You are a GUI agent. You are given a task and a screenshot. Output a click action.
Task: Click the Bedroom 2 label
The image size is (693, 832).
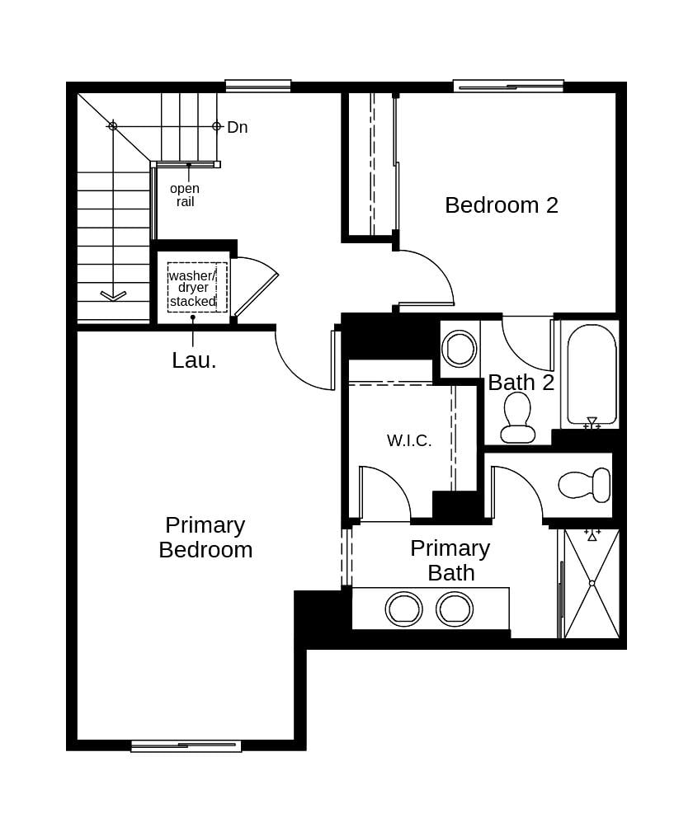(x=501, y=205)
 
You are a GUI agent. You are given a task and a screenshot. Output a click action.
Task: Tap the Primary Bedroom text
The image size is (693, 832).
(x=205, y=538)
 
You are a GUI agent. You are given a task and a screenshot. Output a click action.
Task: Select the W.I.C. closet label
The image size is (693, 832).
(x=409, y=440)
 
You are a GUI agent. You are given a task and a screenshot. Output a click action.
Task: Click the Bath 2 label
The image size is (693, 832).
(x=521, y=383)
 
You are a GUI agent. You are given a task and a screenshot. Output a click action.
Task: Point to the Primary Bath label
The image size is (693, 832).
(x=450, y=560)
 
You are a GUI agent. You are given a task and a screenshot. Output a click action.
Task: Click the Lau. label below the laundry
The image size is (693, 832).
(x=194, y=360)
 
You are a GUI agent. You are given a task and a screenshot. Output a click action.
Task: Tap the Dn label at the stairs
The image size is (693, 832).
(x=237, y=127)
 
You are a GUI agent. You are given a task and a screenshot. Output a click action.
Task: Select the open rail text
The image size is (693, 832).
(x=185, y=195)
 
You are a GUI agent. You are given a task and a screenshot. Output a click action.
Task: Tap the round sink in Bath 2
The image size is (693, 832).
(x=459, y=348)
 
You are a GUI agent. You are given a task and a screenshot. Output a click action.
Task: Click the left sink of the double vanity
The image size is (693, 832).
(x=403, y=609)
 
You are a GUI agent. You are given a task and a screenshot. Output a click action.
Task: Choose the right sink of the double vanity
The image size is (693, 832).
(x=455, y=609)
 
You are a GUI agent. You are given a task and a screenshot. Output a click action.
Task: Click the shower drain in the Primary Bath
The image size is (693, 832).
(x=592, y=583)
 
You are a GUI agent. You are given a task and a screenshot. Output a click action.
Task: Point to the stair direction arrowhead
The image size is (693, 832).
(x=113, y=295)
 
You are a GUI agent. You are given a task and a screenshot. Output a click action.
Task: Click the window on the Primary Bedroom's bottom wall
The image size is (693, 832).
(x=186, y=746)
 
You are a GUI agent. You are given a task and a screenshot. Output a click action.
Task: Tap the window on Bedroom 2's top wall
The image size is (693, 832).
(x=508, y=86)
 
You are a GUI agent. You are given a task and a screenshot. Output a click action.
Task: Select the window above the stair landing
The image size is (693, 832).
(x=258, y=86)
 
